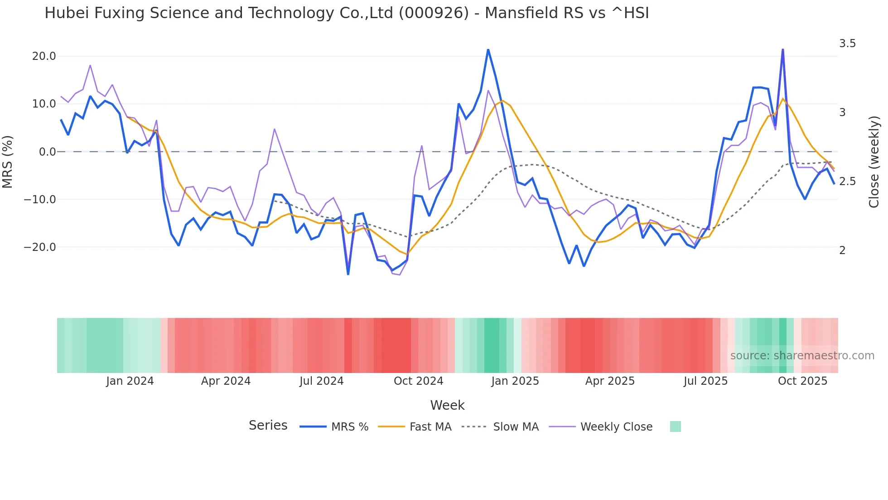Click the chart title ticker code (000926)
tap(434, 13)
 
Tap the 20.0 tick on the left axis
tap(43, 56)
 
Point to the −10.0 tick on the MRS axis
tap(40, 200)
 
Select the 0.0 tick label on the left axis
tap(47, 152)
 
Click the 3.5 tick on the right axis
tap(847, 44)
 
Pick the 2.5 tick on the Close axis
tap(847, 181)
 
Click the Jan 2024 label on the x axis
tap(130, 381)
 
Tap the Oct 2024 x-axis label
tap(418, 381)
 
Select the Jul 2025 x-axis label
tap(705, 381)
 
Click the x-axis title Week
tap(447, 405)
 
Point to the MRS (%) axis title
tap(8, 162)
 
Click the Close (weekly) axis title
tap(874, 162)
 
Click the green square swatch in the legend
tap(675, 426)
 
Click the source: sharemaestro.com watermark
tap(802, 356)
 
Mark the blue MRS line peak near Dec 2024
tap(488, 49)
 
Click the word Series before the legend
tap(268, 426)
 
